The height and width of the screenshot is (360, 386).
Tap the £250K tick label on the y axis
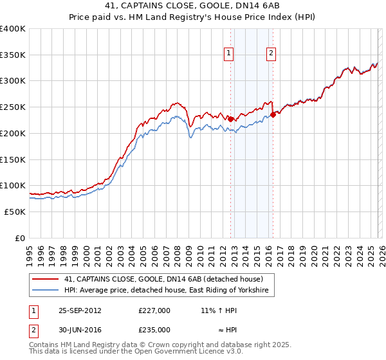click(x=13, y=107)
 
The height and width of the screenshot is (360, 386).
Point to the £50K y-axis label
click(x=15, y=212)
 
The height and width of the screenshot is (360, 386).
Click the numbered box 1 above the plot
click(x=230, y=53)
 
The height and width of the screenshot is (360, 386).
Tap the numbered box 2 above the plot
click(x=271, y=53)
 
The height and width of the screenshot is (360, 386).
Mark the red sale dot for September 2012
click(x=230, y=119)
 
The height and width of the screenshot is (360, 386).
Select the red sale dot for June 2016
click(x=273, y=115)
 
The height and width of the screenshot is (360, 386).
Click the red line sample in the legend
click(x=46, y=279)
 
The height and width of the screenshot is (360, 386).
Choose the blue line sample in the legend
click(x=46, y=291)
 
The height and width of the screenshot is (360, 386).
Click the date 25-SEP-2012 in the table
click(x=80, y=310)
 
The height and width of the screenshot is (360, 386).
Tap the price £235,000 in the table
click(x=154, y=329)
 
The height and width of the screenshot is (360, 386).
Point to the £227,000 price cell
click(x=154, y=310)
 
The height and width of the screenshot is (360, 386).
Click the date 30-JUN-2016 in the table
click(x=80, y=329)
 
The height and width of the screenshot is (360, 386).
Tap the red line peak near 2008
click(x=175, y=102)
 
